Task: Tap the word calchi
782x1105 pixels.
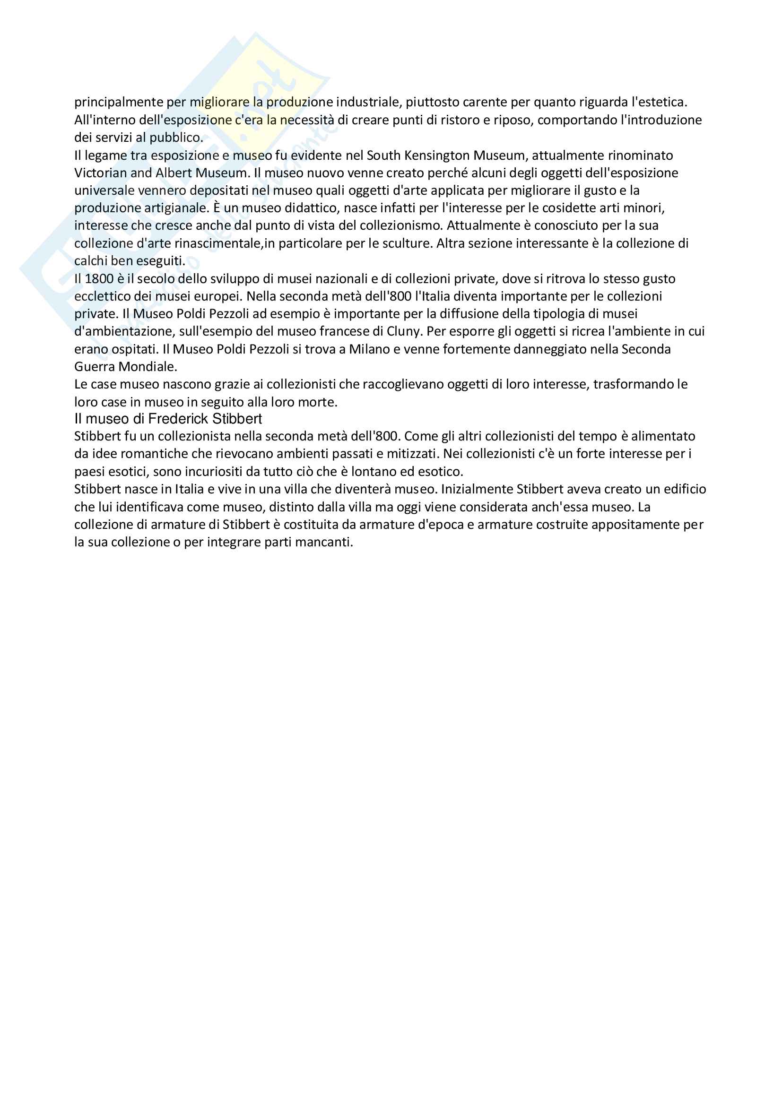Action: point(90,261)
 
